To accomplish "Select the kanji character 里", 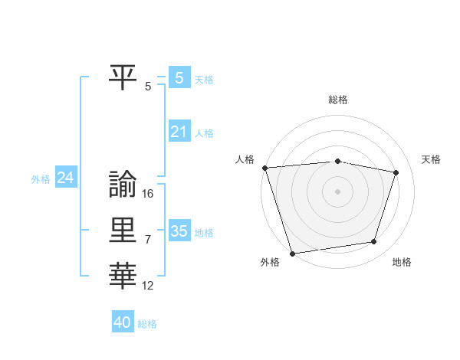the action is coord(123,230).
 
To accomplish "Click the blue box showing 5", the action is coord(179,77).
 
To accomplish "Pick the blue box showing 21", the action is coord(179,132).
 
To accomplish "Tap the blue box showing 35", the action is coord(179,231).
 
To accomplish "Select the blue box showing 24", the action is coord(66,178).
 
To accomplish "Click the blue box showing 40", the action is coord(123,322).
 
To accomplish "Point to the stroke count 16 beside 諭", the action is coord(148,194).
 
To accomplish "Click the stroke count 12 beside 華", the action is coord(148,286).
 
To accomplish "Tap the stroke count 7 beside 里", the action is coord(148,240).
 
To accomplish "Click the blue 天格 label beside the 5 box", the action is coord(204,79).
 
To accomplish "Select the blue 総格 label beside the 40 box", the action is coord(147,324).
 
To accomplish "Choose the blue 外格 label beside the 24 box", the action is coord(41,179).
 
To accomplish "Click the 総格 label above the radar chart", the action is coord(337,100).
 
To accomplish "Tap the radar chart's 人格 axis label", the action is coord(245,159).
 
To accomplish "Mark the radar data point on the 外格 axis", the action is coord(292,253).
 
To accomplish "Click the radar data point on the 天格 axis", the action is coord(396,172).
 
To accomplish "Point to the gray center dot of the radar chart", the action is coord(337,191).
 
